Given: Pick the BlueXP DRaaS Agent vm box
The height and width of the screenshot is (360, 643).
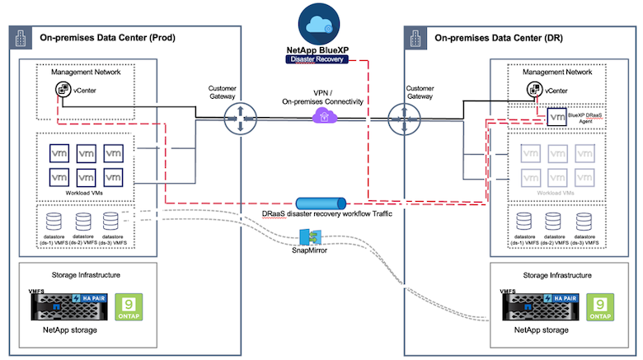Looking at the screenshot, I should tap(558, 117).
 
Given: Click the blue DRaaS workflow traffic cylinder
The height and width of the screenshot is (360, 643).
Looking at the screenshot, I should tap(321, 203).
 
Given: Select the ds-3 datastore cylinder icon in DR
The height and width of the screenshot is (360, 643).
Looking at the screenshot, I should tap(585, 222).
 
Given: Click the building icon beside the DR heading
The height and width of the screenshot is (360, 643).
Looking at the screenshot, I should tap(416, 36).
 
